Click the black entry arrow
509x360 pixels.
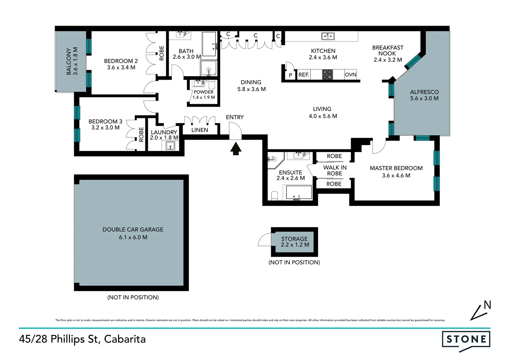236,149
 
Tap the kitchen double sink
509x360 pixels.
328,36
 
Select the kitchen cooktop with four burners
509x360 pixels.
327,75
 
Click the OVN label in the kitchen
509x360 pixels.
350,75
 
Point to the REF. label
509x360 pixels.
303,75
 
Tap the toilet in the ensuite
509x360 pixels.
274,196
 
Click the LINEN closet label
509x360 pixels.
200,130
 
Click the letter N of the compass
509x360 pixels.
487,305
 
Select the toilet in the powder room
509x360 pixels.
212,85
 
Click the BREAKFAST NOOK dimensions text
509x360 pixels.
388,60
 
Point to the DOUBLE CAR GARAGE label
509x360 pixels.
133,229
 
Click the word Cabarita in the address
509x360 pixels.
125,339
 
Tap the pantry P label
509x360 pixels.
290,75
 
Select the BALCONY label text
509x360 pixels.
69,61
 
